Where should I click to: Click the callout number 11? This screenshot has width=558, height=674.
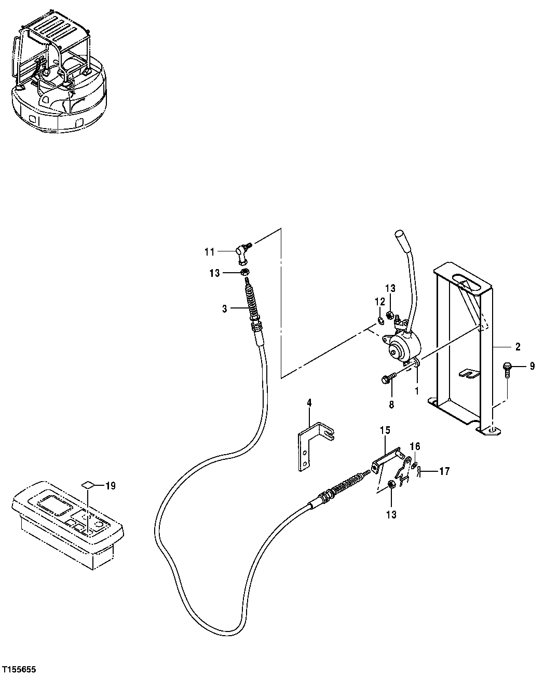click(209, 252)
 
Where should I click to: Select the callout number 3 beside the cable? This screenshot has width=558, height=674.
click(224, 308)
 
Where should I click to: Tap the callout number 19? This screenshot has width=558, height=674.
click(110, 486)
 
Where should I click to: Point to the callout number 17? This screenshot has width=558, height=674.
click(444, 471)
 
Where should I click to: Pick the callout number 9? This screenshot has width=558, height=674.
click(532, 367)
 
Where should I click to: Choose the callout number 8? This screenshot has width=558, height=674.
click(391, 404)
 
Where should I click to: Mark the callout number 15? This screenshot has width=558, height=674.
click(384, 430)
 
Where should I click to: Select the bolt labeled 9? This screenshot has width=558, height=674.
click(507, 370)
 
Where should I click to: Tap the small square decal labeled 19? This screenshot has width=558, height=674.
click(88, 485)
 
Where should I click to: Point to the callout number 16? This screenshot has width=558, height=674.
click(415, 446)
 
